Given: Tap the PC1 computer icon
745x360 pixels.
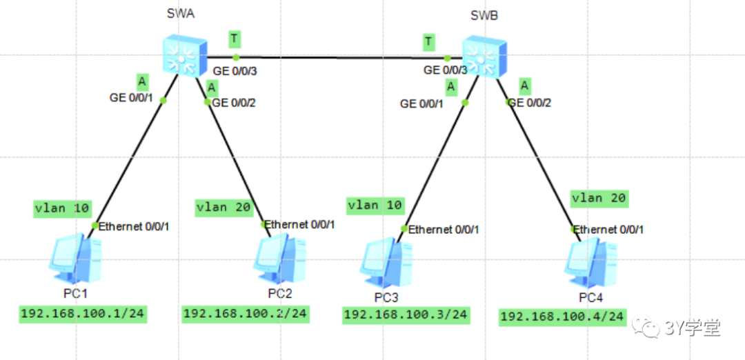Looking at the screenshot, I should (x=76, y=261).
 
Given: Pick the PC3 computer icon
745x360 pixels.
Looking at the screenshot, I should (x=387, y=263).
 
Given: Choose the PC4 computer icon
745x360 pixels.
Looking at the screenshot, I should (x=590, y=263).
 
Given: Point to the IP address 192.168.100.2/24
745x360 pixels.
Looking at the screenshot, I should (x=246, y=314).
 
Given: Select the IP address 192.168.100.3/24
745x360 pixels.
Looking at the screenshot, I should (x=406, y=314).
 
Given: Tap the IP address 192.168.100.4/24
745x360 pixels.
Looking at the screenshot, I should (x=562, y=317).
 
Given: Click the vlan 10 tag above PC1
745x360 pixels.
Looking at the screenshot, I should (x=61, y=208).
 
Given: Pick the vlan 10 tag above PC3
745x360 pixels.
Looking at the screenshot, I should (x=375, y=205).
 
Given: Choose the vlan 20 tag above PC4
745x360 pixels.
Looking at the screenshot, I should (x=598, y=198).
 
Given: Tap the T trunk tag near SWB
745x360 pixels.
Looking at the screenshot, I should (x=429, y=42).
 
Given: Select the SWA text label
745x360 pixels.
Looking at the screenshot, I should (x=180, y=13).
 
